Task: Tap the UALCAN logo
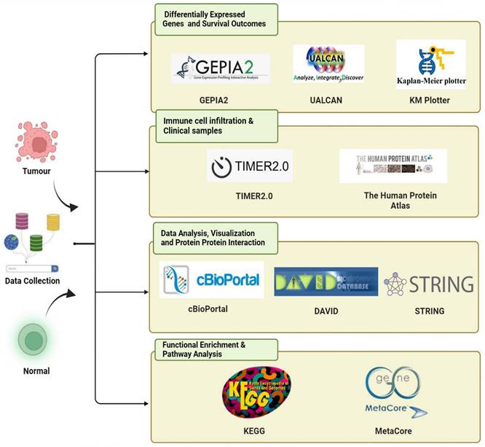(328, 63)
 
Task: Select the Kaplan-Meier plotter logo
(431, 64)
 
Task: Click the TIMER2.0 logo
(248, 167)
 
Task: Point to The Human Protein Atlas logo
(393, 166)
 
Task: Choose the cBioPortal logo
(212, 279)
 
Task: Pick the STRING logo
(429, 283)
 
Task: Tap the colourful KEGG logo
(252, 392)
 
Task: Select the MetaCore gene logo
(395, 392)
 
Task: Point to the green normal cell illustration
(32, 340)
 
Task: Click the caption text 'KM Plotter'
(430, 99)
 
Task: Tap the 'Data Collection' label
(32, 281)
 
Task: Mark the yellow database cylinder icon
(52, 221)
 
